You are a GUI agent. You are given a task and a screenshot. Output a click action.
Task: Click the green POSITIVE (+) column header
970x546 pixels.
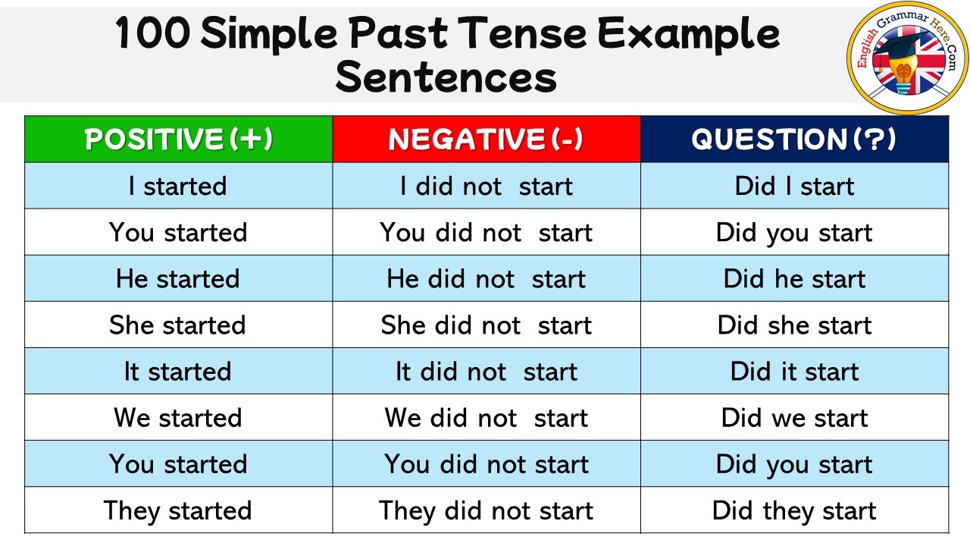point(178,140)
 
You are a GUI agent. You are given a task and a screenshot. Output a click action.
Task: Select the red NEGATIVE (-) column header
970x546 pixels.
point(486,140)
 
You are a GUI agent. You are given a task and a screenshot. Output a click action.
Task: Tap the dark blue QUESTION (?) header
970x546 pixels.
point(793,140)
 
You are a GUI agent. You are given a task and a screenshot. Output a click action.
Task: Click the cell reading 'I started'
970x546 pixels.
point(178,187)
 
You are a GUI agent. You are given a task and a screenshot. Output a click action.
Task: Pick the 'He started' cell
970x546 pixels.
point(178,279)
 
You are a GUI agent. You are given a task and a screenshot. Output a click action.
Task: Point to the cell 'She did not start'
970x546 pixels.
point(486,325)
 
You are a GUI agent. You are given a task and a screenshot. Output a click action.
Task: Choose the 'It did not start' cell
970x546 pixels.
point(486,372)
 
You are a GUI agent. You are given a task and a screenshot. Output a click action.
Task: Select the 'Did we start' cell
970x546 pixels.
point(794,418)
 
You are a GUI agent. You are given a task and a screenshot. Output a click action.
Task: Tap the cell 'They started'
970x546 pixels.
point(178,510)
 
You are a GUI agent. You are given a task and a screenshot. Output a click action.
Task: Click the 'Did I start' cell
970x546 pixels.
point(794,187)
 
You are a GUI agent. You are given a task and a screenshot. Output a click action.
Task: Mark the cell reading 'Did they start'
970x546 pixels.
point(794,510)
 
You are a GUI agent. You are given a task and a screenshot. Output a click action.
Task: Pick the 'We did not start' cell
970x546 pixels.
point(486,418)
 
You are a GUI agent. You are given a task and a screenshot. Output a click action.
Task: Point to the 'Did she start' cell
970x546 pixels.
point(794,325)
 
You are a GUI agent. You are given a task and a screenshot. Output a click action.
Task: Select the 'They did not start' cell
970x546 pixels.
point(486,510)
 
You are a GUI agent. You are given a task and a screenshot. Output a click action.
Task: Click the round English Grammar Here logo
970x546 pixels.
point(906,58)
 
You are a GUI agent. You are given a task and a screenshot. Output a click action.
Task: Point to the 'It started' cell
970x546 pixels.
point(178,372)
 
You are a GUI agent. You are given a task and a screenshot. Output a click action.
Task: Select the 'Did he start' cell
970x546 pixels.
point(794,279)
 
